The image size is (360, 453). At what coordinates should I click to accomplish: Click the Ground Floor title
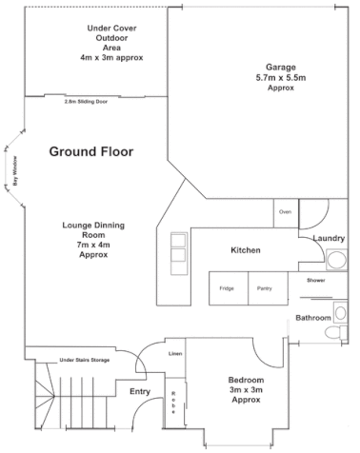91,151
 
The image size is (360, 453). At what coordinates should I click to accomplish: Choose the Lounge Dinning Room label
95,240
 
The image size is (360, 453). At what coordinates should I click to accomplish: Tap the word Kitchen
246,250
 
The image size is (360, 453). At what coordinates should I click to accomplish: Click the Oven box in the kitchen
285,211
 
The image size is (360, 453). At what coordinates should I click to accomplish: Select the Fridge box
228,288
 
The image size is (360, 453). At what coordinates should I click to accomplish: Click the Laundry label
329,238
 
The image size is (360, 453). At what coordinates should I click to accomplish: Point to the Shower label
315,281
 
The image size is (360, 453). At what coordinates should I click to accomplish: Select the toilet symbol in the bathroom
332,333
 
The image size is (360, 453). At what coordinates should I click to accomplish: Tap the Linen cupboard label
175,353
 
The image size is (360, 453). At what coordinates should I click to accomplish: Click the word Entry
140,391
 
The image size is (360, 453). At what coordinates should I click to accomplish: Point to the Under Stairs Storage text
85,361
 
